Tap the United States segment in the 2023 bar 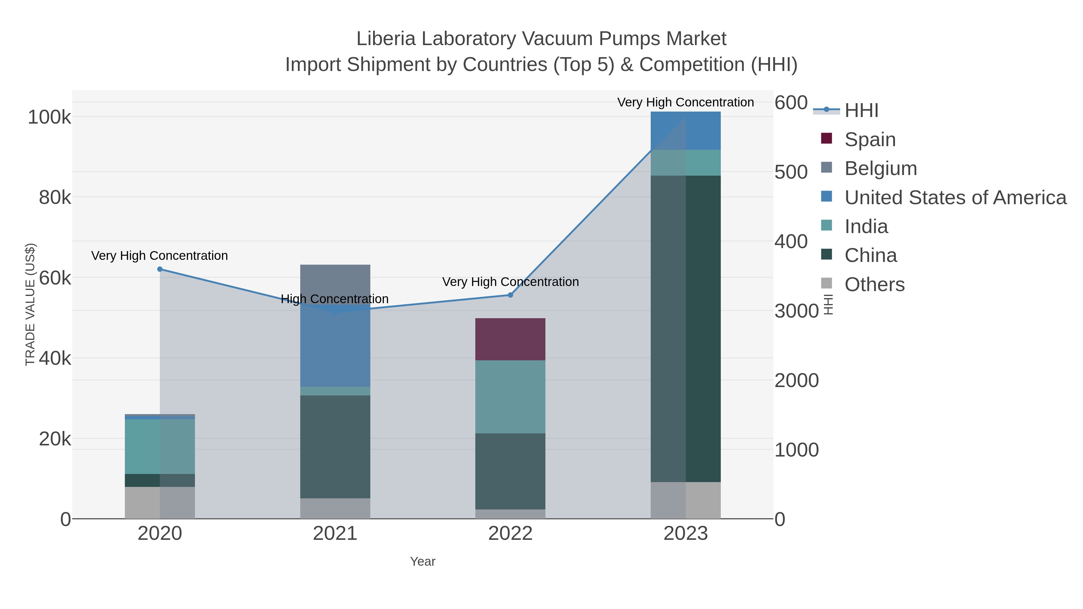point(685,131)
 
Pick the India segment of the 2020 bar point(160,446)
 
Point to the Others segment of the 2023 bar point(685,500)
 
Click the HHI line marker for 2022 point(510,295)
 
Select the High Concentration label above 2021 point(335,299)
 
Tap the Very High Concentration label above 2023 point(685,102)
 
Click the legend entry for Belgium point(880,168)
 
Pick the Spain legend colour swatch point(826,139)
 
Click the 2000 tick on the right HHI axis point(796,380)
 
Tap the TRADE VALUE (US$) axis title point(30,304)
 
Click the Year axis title point(423,561)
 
